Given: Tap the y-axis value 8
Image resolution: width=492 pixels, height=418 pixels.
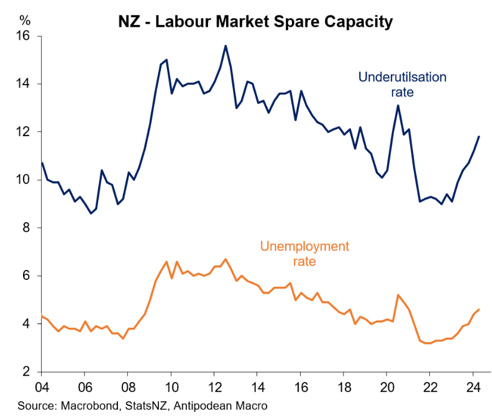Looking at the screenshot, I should pos(25,228).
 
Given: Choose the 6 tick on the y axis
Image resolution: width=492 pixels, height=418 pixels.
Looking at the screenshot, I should pos(25,276).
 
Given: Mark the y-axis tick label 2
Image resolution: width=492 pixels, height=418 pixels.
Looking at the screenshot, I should pos(25,372).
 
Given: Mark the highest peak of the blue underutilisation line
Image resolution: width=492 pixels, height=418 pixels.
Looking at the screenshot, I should pos(225,45).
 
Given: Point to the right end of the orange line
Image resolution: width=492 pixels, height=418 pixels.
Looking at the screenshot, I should pos(478,310).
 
